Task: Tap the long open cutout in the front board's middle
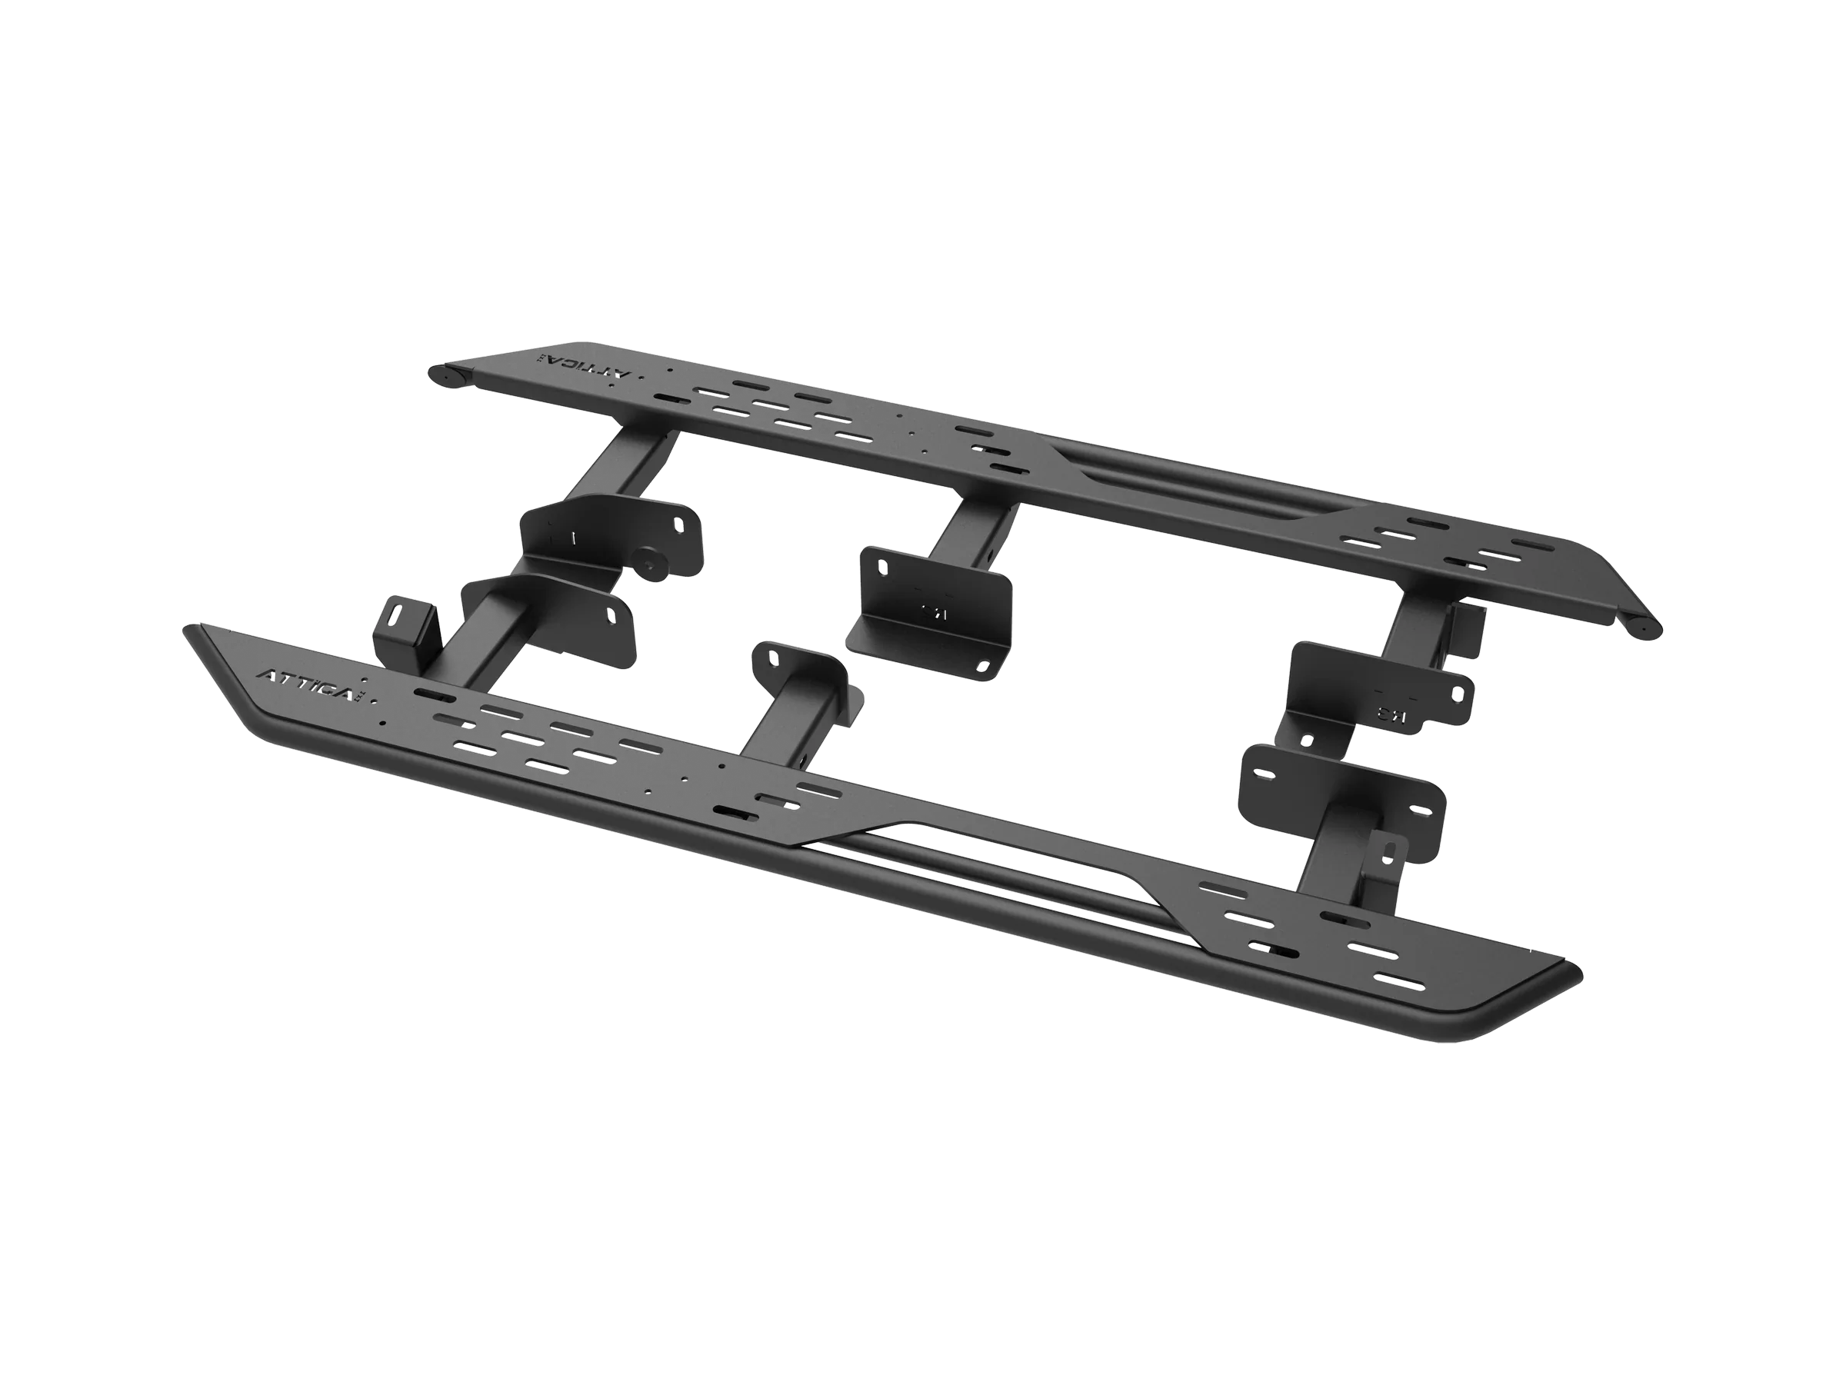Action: click(x=968, y=867)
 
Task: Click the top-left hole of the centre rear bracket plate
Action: click(x=882, y=567)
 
